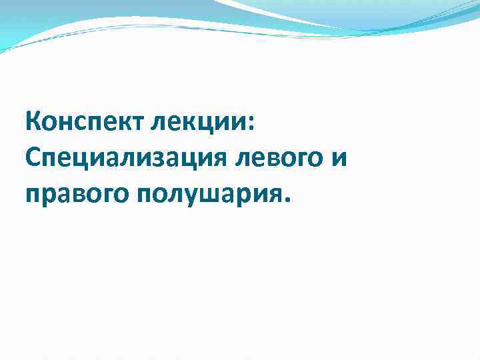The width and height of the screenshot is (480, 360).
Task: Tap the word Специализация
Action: click(125, 159)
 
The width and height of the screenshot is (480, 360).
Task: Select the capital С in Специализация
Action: click(32, 159)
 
